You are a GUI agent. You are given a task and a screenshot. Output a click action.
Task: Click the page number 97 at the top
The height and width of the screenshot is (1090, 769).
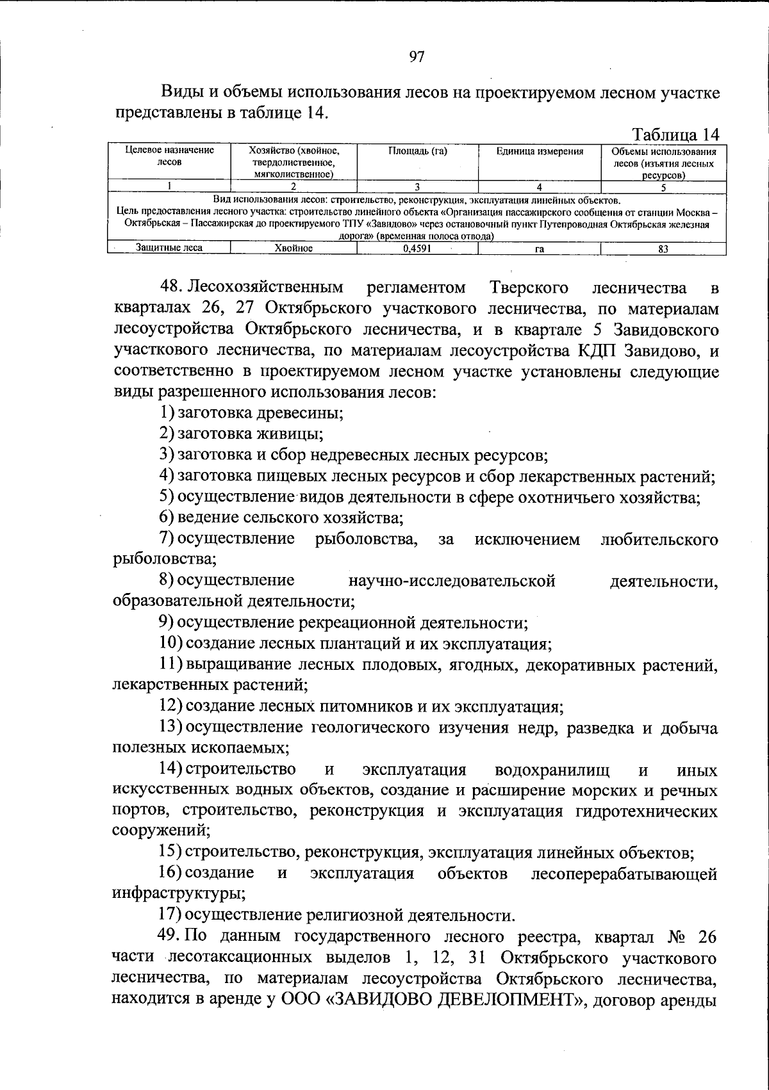(x=417, y=57)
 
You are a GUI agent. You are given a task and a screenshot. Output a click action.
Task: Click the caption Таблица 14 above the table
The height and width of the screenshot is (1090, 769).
(x=676, y=135)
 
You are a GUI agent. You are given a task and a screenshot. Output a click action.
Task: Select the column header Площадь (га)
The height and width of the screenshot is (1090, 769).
(x=417, y=152)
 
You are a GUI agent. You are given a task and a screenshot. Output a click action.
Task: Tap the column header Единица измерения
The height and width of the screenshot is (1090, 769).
(x=540, y=152)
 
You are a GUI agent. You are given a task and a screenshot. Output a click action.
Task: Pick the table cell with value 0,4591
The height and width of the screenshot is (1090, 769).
(x=417, y=249)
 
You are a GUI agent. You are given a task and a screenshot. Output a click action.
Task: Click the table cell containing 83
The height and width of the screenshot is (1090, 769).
(x=663, y=249)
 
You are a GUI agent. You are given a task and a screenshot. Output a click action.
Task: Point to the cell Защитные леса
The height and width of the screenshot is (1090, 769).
(x=169, y=248)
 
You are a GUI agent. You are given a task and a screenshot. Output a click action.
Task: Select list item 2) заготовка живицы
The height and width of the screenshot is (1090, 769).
(x=241, y=434)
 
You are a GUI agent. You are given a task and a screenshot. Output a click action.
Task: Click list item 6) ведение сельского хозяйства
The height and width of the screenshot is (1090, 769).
(x=281, y=517)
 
